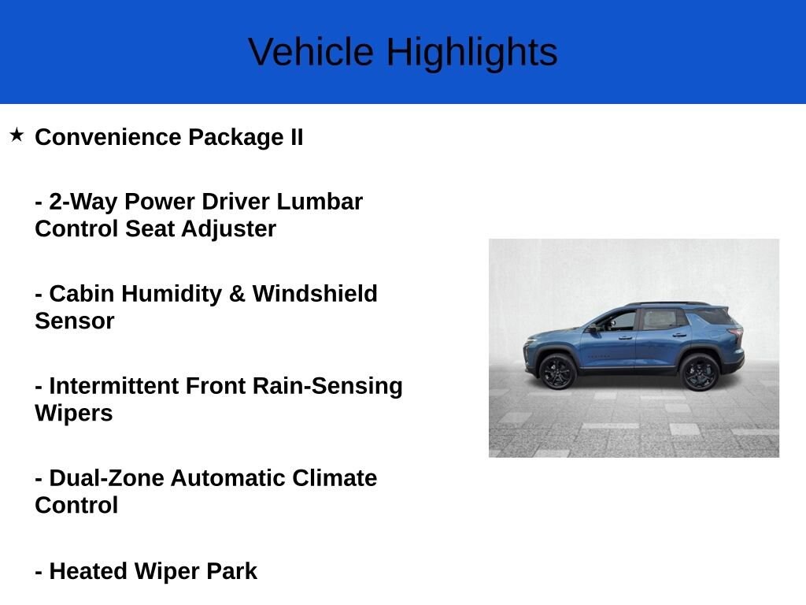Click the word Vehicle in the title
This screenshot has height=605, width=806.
pyautogui.click(x=311, y=51)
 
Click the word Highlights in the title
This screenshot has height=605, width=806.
pyautogui.click(x=472, y=53)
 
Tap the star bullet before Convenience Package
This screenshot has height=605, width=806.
pyautogui.click(x=17, y=135)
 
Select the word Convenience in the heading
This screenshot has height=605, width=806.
pyautogui.click(x=108, y=137)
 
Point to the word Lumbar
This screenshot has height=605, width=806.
pyautogui.click(x=320, y=201)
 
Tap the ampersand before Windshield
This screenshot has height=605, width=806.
pyautogui.click(x=237, y=294)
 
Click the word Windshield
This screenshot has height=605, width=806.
pyautogui.click(x=315, y=293)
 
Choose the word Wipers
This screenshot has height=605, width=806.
pyautogui.click(x=73, y=414)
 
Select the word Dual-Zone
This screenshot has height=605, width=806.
pyautogui.click(x=107, y=478)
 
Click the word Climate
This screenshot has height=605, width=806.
pyautogui.click(x=335, y=478)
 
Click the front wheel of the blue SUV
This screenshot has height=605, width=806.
pyautogui.click(x=558, y=372)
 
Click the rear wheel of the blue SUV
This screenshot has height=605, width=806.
pyautogui.click(x=699, y=372)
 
